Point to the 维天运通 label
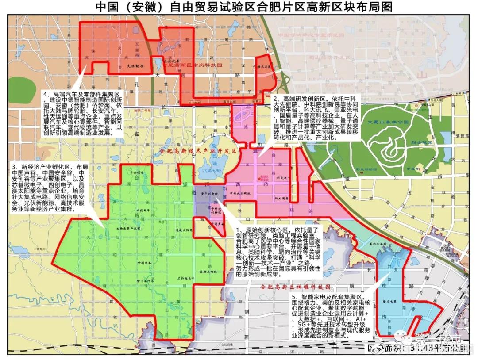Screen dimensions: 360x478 tap(265, 67)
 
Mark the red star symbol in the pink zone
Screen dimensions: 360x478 tap(258, 179)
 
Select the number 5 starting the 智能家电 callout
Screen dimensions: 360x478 tap(292, 296)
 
